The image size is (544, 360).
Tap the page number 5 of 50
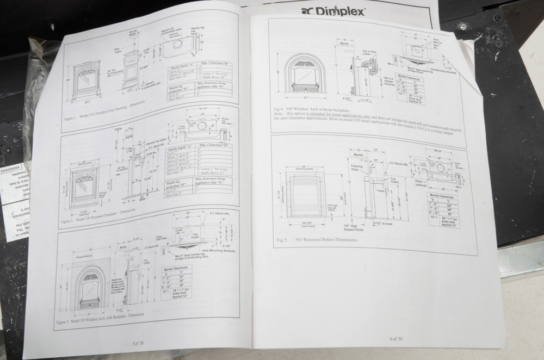click(138, 343)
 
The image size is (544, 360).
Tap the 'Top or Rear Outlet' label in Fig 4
click(370, 54)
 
